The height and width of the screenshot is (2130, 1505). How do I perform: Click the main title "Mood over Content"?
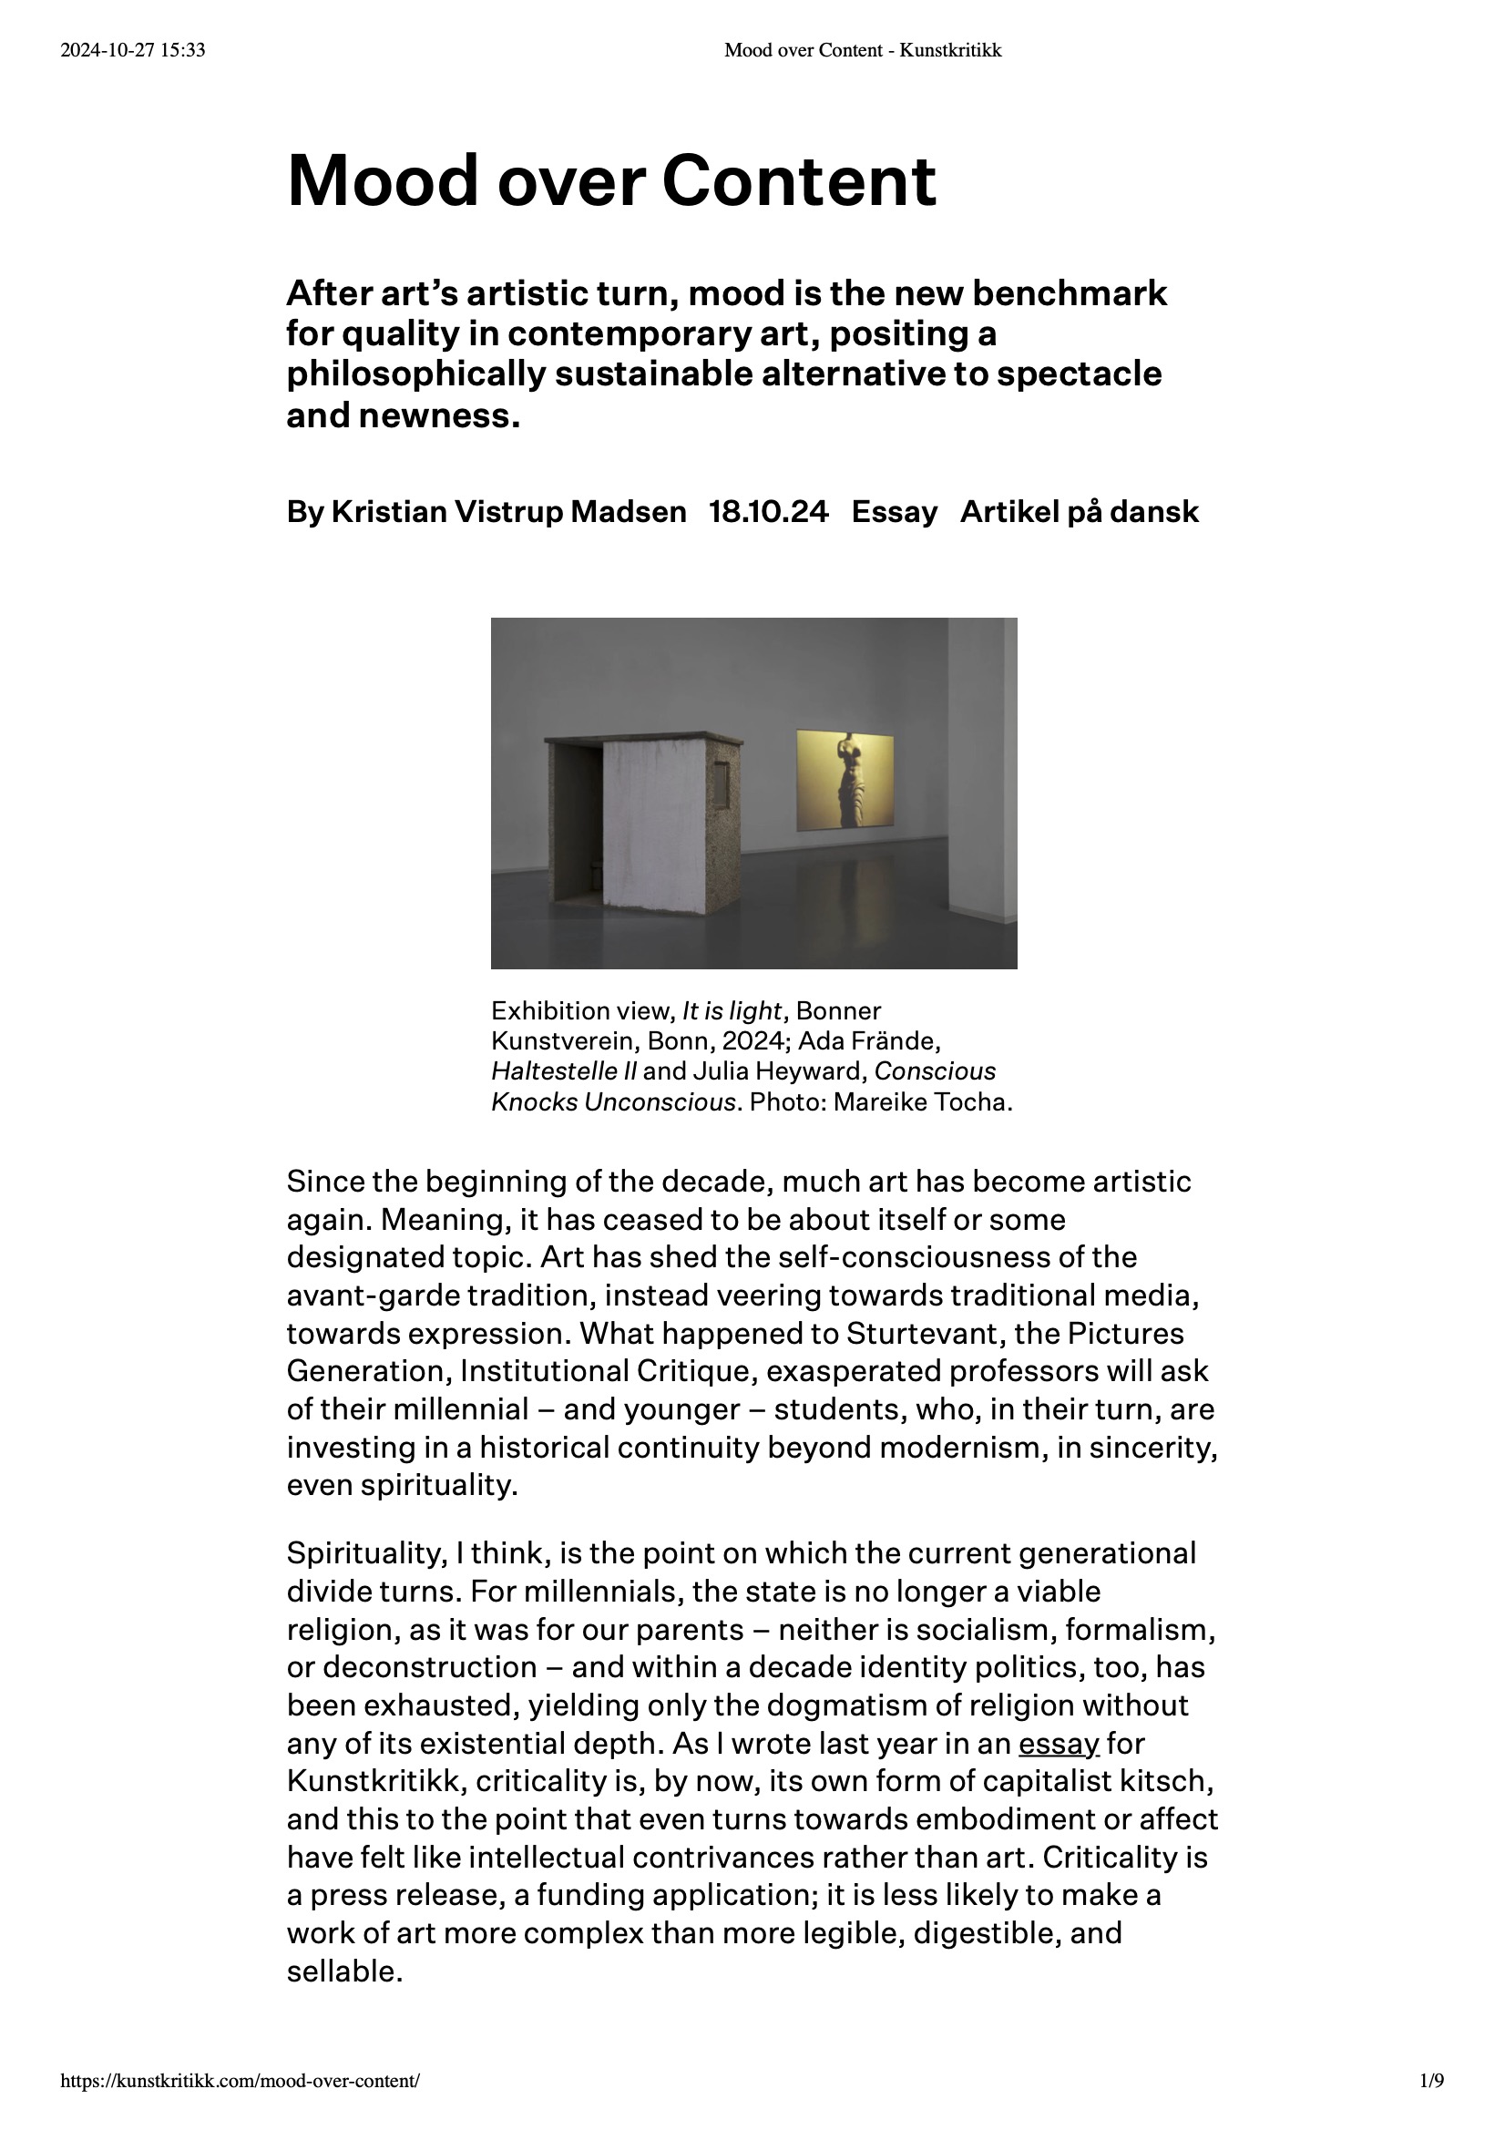click(611, 181)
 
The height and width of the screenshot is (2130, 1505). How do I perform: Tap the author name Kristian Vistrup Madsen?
click(508, 512)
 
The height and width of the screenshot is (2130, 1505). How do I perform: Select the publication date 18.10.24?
click(768, 512)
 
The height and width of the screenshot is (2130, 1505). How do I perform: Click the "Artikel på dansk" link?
click(1080, 512)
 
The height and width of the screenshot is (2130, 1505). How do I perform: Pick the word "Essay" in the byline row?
click(895, 512)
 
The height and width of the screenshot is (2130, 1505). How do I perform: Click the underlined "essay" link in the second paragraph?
click(1058, 1744)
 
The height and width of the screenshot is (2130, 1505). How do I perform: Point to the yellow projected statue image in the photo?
click(845, 779)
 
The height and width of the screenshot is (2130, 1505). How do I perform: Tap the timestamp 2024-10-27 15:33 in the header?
click(133, 51)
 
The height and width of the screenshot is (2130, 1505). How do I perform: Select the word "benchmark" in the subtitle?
click(1069, 293)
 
